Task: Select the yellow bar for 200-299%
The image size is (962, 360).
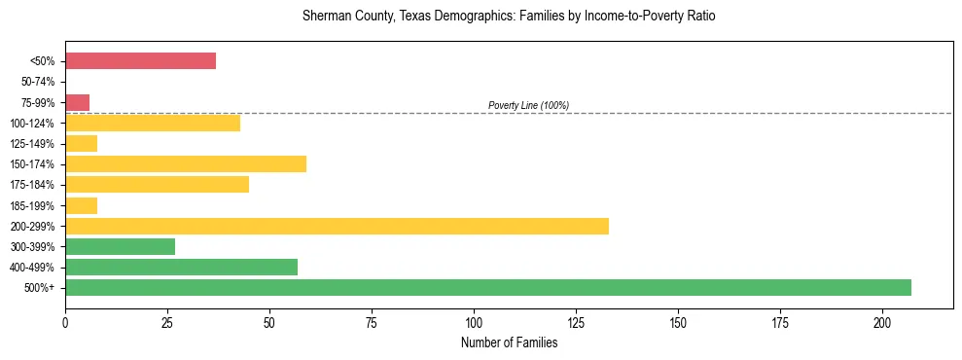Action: tap(337, 226)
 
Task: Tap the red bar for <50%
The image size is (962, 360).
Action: tap(140, 60)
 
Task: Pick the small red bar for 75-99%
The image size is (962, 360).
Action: tap(77, 102)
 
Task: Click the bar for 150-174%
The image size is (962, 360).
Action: tap(186, 163)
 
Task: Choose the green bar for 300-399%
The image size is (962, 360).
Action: tap(120, 246)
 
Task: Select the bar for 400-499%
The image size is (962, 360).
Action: tap(181, 267)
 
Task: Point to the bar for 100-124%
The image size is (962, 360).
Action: tap(153, 123)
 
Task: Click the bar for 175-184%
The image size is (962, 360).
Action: tap(157, 184)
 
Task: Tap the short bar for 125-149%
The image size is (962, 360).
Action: tap(81, 143)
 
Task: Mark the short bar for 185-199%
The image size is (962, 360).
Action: tap(81, 205)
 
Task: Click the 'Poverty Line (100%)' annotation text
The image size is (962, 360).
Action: tap(528, 105)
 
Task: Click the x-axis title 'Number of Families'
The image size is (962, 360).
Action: tap(509, 342)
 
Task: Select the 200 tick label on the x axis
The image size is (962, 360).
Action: tap(882, 322)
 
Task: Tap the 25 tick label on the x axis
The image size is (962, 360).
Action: tap(167, 322)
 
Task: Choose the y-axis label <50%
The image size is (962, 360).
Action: tap(44, 61)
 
